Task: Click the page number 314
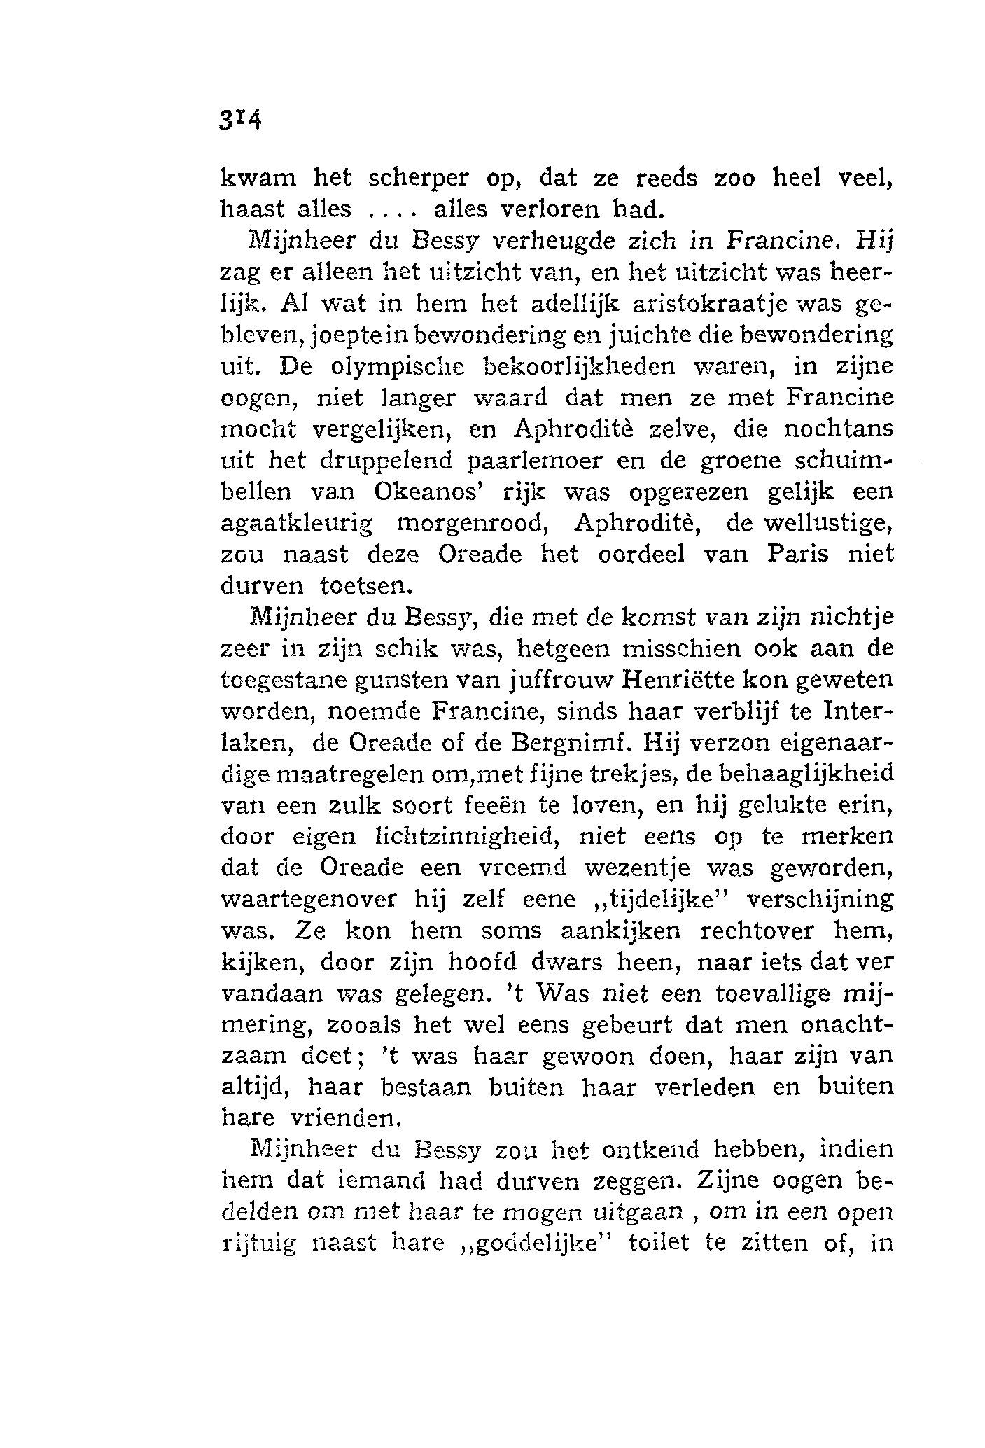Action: (x=239, y=118)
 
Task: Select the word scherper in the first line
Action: (x=418, y=179)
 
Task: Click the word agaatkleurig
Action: (x=297, y=523)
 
